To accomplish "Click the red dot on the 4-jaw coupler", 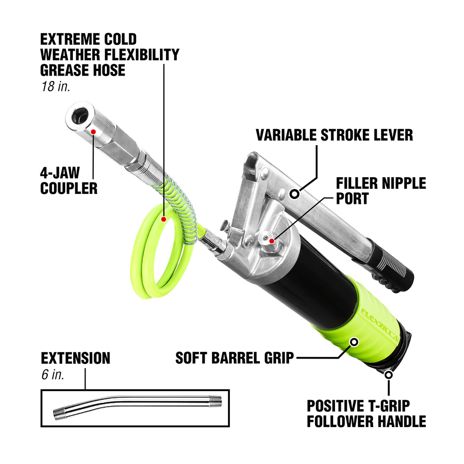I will point(93,132).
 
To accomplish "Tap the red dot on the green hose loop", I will point(164,219).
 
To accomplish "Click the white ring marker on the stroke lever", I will point(295,194).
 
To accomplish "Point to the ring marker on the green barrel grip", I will point(354,341).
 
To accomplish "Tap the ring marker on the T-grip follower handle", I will point(389,374).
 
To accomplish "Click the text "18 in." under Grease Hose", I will point(55,87).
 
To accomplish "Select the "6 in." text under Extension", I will point(53,374).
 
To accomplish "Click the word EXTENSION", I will point(75,358).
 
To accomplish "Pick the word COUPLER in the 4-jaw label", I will point(69,188).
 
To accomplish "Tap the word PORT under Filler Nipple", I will point(352,199).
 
